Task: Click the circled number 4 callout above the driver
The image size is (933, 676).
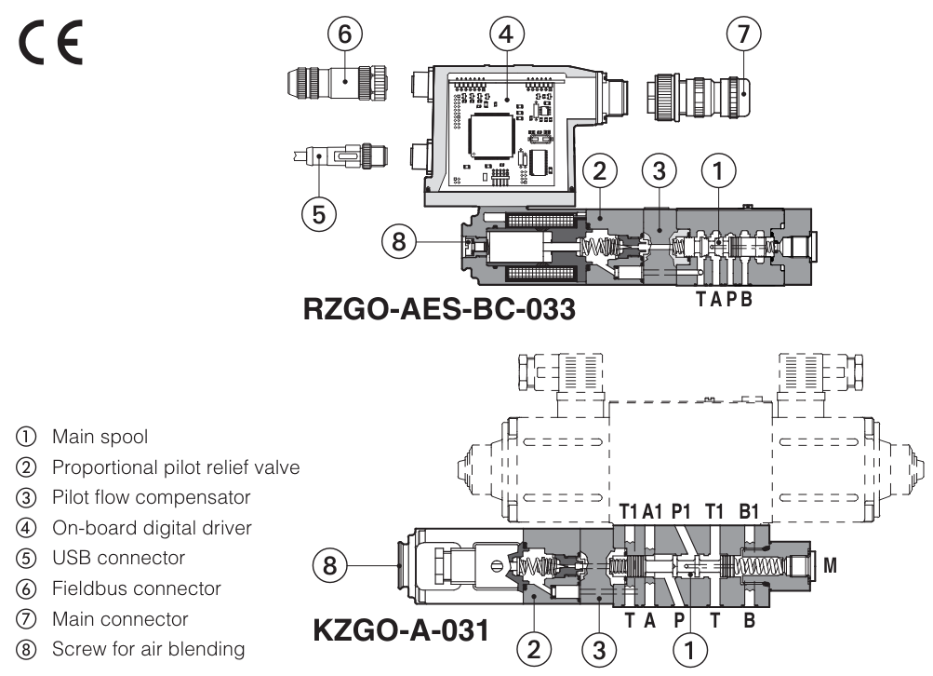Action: [504, 34]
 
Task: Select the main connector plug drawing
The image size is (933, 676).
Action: [697, 95]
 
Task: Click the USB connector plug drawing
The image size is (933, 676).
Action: [338, 154]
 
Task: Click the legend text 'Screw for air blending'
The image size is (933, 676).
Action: [148, 649]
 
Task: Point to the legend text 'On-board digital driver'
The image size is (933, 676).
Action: [152, 527]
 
